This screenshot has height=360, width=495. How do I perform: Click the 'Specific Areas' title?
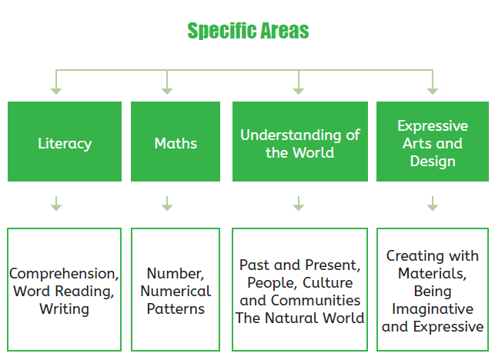pyautogui.click(x=248, y=31)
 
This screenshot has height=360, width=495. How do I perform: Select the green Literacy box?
pyautogui.click(x=65, y=142)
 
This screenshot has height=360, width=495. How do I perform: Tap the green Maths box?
pyautogui.click(x=176, y=142)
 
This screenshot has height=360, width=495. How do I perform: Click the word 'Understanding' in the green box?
pyautogui.click(x=290, y=135)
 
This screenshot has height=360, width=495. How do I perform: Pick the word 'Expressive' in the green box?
pyautogui.click(x=433, y=126)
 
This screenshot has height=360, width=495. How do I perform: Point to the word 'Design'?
pyautogui.click(x=433, y=162)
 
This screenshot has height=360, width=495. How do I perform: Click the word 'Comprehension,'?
pyautogui.click(x=64, y=274)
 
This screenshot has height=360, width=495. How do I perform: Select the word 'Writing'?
pyautogui.click(x=64, y=309)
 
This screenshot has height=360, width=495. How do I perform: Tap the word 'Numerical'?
pyautogui.click(x=176, y=291)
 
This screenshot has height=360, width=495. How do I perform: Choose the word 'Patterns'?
pyautogui.click(x=176, y=309)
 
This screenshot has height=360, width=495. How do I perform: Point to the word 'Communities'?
pyautogui.click(x=316, y=300)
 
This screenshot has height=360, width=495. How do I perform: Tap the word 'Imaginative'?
pyautogui.click(x=433, y=309)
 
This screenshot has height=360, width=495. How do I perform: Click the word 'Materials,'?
pyautogui.click(x=432, y=274)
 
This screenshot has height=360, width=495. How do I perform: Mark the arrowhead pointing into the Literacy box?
pyautogui.click(x=56, y=92)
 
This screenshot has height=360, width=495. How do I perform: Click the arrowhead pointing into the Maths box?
pyautogui.click(x=167, y=92)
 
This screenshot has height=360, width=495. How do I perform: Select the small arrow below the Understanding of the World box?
pyautogui.click(x=299, y=204)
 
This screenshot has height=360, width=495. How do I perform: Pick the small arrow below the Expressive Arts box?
pyautogui.click(x=433, y=204)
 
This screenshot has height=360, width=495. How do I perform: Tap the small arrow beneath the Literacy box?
pyautogui.click(x=56, y=204)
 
